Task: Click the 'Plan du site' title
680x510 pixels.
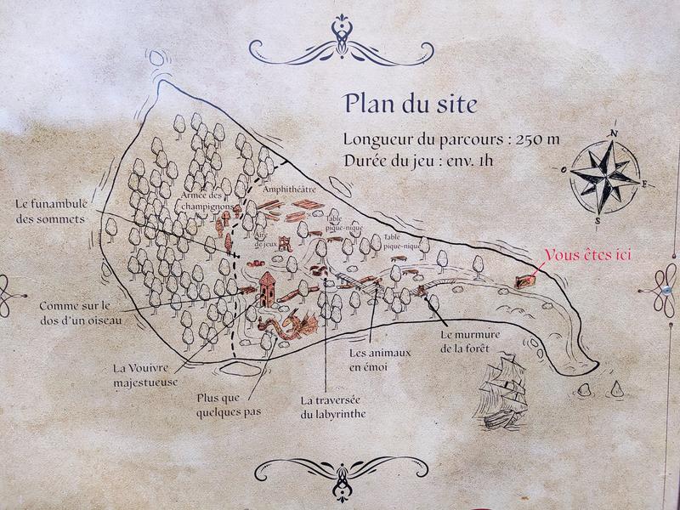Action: [x=411, y=104]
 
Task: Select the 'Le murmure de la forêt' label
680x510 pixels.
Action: [x=469, y=341]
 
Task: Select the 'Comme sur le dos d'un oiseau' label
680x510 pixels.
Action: [x=76, y=312]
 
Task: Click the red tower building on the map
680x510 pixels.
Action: [x=268, y=289]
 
